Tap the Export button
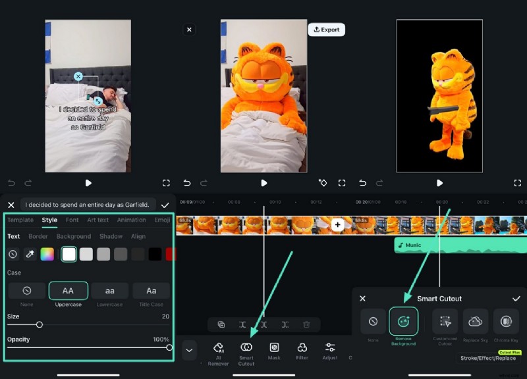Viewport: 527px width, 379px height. pyautogui.click(x=326, y=30)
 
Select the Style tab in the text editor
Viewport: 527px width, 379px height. pyautogui.click(x=49, y=220)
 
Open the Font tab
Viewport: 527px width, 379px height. pyautogui.click(x=72, y=220)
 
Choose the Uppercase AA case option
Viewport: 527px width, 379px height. pyautogui.click(x=68, y=291)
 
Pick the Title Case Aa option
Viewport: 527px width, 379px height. pyautogui.click(x=151, y=291)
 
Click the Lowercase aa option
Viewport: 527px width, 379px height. pyautogui.click(x=109, y=291)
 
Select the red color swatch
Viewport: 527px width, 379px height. pyautogui.click(x=171, y=254)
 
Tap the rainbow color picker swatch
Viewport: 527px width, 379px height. pyautogui.click(x=47, y=254)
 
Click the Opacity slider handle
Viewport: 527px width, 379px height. pyautogui.click(x=169, y=347)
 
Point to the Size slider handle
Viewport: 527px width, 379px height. pyautogui.click(x=40, y=324)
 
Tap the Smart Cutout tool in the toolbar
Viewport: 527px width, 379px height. pyautogui.click(x=246, y=351)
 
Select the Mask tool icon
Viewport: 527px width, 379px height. pyautogui.click(x=274, y=351)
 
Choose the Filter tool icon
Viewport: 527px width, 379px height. pyautogui.click(x=302, y=351)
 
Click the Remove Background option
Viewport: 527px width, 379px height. pyautogui.click(x=403, y=322)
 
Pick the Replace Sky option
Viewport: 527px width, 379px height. pyautogui.click(x=475, y=322)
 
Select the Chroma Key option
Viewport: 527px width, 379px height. pyautogui.click(x=506, y=322)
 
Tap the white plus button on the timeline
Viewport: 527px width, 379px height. pyautogui.click(x=337, y=225)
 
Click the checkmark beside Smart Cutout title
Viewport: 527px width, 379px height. pyautogui.click(x=516, y=299)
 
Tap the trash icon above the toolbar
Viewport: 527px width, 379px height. pyautogui.click(x=306, y=324)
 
